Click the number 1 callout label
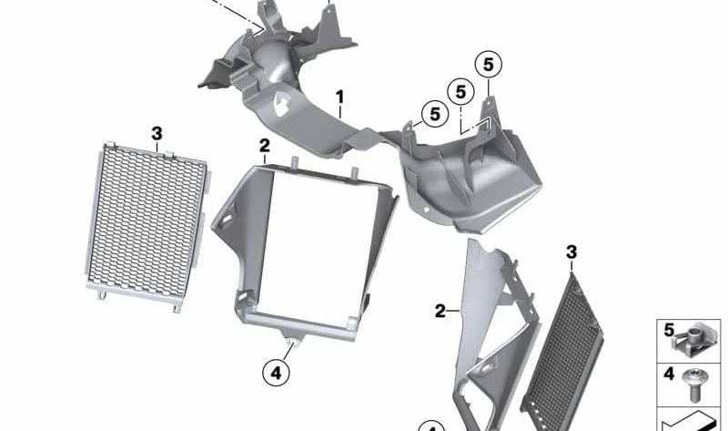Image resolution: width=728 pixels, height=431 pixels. (x=339, y=96)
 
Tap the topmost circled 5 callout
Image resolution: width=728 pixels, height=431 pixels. (x=488, y=65)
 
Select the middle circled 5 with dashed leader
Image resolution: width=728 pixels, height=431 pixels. (x=460, y=92)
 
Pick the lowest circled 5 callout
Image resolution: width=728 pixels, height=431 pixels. (x=433, y=114)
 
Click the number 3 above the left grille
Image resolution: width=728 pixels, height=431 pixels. (x=157, y=133)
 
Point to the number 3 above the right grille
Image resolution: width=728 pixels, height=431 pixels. (x=571, y=251)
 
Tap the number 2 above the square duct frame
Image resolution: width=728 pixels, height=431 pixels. (x=264, y=145)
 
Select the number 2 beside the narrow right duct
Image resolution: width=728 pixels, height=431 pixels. (x=440, y=312)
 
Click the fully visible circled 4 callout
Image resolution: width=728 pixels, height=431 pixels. (x=277, y=371)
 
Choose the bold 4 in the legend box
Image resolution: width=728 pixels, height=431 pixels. (x=669, y=373)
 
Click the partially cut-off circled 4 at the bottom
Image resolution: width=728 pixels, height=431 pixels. (x=431, y=426)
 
